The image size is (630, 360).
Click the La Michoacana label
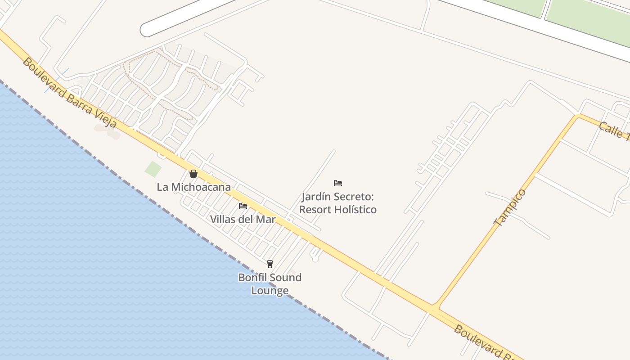tap(193, 187)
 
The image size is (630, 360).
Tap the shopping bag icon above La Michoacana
tap(193, 174)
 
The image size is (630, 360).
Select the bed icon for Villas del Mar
tap(243, 206)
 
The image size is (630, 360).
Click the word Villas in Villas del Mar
tap(223, 220)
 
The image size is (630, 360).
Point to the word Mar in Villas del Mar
tap(266, 220)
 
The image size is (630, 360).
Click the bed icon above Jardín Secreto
tap(338, 183)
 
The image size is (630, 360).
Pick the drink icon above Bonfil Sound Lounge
tap(270, 264)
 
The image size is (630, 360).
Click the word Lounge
tap(270, 291)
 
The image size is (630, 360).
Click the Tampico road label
tap(510, 207)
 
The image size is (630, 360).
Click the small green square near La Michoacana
tap(153, 169)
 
